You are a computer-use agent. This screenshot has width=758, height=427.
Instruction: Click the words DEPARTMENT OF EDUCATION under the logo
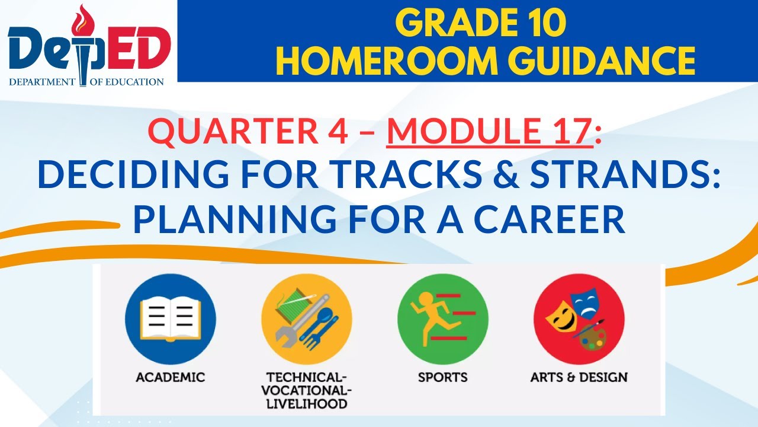86,82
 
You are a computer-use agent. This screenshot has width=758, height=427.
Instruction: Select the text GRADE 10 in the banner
480,24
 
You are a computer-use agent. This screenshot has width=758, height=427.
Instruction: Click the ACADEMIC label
171,377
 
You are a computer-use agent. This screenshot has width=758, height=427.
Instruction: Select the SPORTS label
442,377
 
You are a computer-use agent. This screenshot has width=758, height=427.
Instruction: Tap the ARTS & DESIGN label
579,377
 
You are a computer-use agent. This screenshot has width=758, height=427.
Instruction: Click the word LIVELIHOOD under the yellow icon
307,404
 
